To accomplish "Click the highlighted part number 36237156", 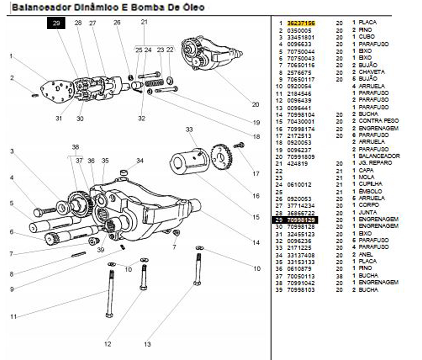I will (x=301, y=23).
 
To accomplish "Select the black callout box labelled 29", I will (x=56, y=23).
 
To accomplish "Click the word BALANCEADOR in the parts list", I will (x=379, y=156).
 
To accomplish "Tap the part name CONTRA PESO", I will (x=378, y=121).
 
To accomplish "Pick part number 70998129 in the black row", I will (x=301, y=219).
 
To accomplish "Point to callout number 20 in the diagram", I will (x=256, y=105).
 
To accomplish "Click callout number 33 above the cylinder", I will (x=189, y=129).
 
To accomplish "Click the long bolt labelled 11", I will (x=110, y=294).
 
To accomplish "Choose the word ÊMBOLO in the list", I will (x=370, y=191).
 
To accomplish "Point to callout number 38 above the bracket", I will (x=75, y=147).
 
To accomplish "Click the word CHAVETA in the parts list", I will (x=371, y=72).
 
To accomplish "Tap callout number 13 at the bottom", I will (x=147, y=344).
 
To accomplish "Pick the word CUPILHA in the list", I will (x=370, y=184).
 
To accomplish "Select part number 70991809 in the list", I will (x=301, y=157).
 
